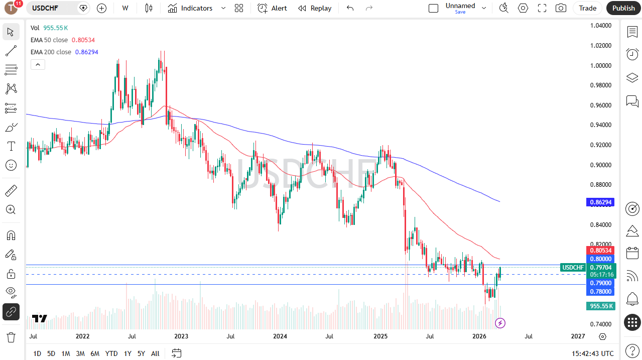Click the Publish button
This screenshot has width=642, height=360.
623,8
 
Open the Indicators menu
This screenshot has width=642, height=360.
190,8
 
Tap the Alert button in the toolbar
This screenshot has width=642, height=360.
273,8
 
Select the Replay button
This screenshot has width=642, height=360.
315,8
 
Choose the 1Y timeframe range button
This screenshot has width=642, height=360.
127,353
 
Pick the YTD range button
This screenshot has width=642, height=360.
111,353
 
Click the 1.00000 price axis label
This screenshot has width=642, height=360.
600,65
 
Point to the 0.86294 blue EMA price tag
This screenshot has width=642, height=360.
600,202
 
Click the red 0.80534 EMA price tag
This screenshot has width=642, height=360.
600,250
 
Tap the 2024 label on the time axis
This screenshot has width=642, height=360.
280,336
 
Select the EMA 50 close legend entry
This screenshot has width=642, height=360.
49,40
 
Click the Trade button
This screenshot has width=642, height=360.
587,8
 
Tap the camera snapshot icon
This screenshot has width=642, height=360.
561,8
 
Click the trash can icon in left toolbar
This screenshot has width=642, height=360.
11,337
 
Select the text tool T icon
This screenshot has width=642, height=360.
11,146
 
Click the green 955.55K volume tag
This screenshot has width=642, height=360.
600,306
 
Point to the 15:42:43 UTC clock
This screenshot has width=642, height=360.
592,353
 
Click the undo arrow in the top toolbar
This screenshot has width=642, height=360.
350,8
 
